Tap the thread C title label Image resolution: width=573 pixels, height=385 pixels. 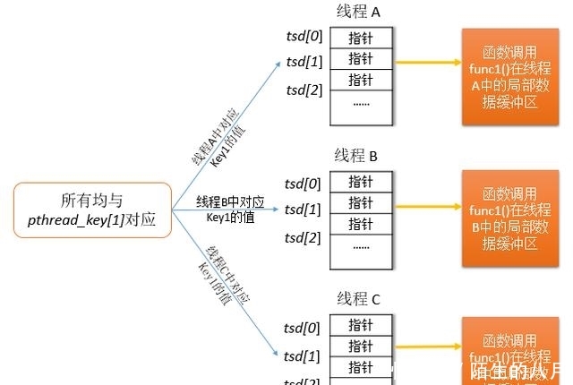357,299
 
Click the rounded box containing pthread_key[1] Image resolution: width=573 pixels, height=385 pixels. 92,209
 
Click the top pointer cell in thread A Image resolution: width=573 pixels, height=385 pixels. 361,38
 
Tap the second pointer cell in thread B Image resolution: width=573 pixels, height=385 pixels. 361,203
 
